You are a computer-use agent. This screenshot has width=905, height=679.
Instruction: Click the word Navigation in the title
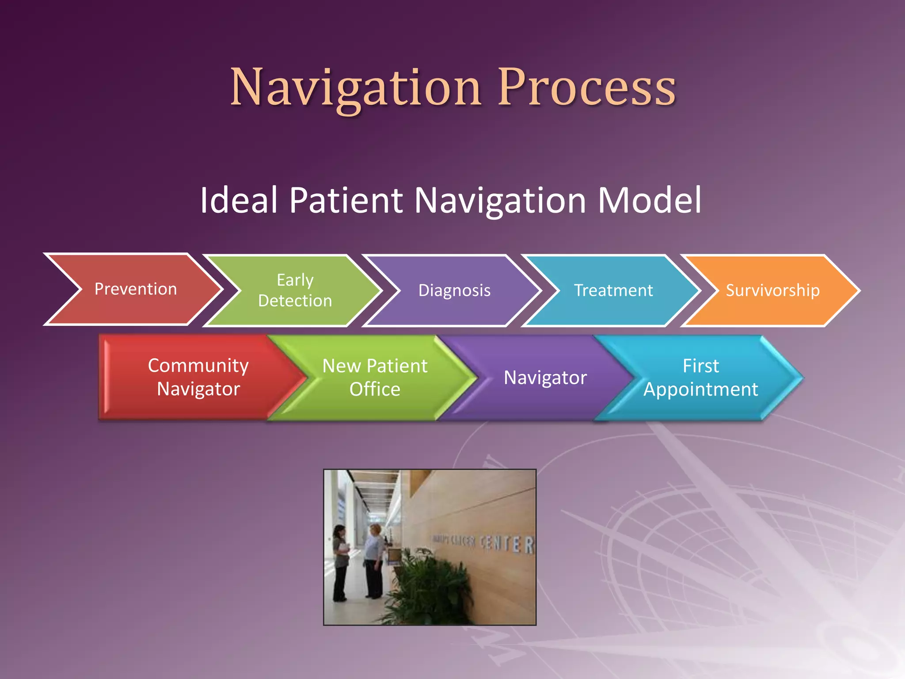pos(356,88)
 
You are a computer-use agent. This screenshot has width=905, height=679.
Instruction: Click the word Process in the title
pos(587,88)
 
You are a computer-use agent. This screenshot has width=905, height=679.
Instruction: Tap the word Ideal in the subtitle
pos(239,200)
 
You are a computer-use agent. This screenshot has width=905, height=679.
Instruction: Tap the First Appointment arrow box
pos(700,377)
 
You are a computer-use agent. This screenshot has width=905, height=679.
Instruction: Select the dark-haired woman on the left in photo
pos(341,561)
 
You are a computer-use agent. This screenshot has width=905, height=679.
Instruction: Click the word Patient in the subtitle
pos(346,200)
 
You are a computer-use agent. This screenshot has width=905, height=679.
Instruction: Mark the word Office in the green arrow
pos(375,389)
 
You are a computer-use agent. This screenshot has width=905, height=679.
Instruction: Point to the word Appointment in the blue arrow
pos(700,389)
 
